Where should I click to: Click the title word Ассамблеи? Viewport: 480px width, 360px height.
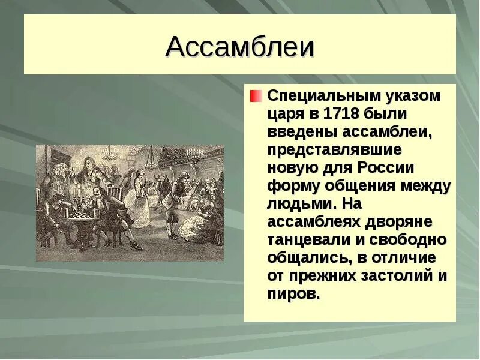[239, 47]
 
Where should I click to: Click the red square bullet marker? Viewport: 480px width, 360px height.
[256, 96]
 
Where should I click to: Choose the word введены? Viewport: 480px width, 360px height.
[297, 131]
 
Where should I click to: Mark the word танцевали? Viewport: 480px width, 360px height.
[310, 239]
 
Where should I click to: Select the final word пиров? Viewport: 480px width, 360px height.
[293, 294]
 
